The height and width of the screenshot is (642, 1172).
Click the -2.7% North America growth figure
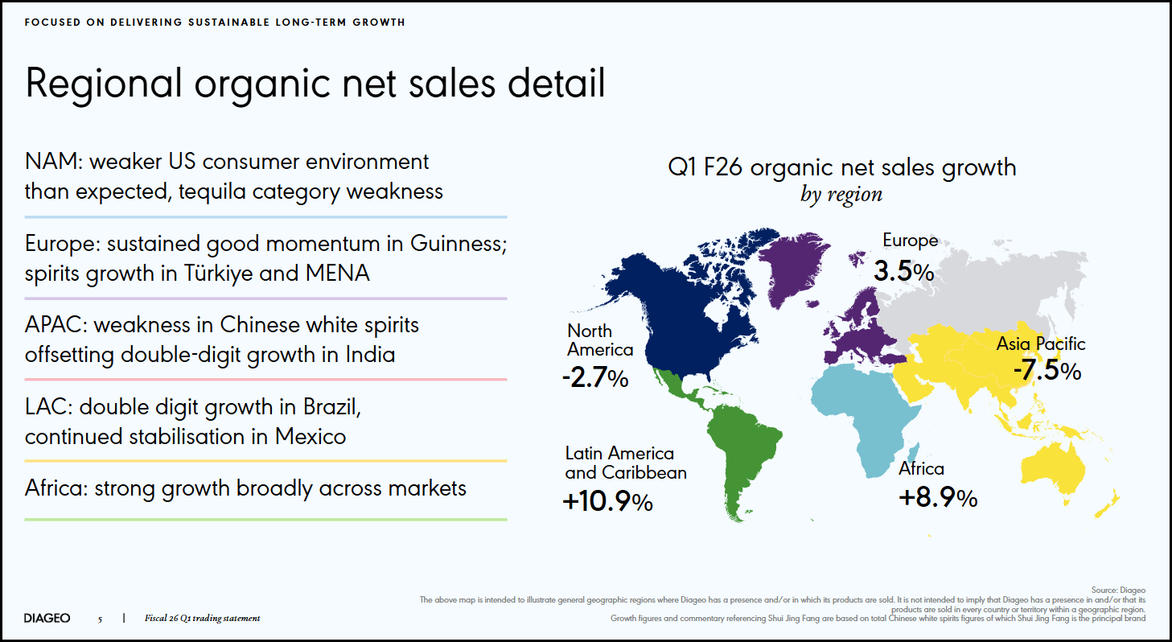(x=596, y=377)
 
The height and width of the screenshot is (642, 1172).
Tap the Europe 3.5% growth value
(x=903, y=271)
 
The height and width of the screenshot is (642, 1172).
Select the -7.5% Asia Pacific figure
(x=1047, y=371)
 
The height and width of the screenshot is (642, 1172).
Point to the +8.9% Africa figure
(x=937, y=498)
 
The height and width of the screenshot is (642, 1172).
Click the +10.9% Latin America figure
(x=608, y=501)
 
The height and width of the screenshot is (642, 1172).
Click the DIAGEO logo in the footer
(x=47, y=618)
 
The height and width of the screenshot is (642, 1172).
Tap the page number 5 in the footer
(x=100, y=619)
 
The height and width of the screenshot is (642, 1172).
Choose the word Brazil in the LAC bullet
(x=333, y=407)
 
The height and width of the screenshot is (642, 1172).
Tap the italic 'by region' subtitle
(x=841, y=194)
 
